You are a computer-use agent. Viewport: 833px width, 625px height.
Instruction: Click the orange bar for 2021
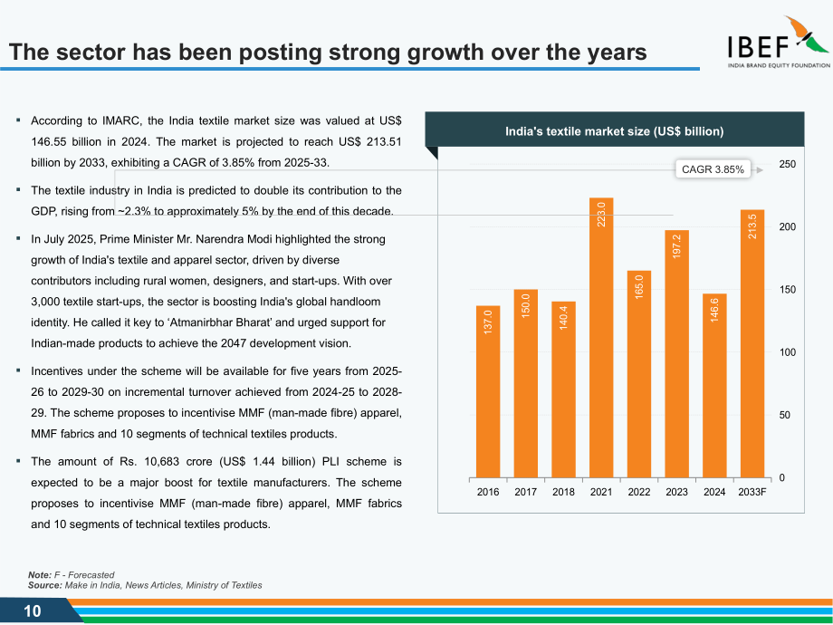pyautogui.click(x=601, y=338)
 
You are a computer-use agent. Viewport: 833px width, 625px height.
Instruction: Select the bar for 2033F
pyautogui.click(x=752, y=344)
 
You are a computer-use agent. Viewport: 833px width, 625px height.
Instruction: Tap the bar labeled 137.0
pyautogui.click(x=488, y=392)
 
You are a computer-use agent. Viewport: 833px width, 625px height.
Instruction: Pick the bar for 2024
pyautogui.click(x=714, y=386)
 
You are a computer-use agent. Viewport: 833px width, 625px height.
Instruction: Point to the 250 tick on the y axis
pyautogui.click(x=787, y=164)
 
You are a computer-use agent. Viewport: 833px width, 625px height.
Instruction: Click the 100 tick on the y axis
pyautogui.click(x=787, y=352)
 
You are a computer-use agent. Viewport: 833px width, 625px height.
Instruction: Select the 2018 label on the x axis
pyautogui.click(x=563, y=492)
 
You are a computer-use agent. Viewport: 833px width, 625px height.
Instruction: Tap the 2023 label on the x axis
pyautogui.click(x=676, y=492)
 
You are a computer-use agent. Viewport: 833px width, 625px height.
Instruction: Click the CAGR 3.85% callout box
pyautogui.click(x=713, y=169)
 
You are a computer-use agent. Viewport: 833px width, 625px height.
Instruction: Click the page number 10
pyautogui.click(x=33, y=611)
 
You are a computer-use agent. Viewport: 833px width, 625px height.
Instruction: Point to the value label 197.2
pyautogui.click(x=676, y=246)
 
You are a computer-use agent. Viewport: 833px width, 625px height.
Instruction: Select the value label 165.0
pyautogui.click(x=638, y=286)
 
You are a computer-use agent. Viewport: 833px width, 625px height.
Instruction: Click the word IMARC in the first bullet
pyautogui.click(x=121, y=121)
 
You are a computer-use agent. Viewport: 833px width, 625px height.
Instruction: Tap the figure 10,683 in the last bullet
pyautogui.click(x=161, y=462)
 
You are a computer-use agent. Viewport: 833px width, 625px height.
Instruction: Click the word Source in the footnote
pyautogui.click(x=44, y=585)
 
